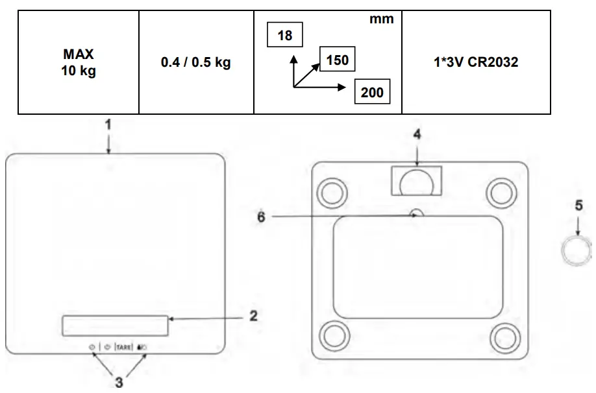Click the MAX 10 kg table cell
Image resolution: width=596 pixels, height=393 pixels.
tap(78, 63)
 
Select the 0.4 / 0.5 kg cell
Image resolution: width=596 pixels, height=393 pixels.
tap(195, 63)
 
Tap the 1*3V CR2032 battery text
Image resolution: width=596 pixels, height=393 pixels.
tap(476, 63)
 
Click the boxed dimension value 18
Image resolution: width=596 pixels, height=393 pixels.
tap(285, 36)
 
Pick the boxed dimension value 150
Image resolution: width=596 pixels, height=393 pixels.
tap(338, 61)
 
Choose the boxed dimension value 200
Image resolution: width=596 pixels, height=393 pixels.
tap(372, 92)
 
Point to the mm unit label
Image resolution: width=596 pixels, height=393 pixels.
tap(381, 19)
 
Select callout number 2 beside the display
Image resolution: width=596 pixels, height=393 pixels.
tap(253, 316)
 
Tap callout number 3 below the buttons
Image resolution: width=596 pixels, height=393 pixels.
tap(119, 382)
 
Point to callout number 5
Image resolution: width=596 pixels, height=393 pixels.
tap(578, 206)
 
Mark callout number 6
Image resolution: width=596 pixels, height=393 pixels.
tap(261, 217)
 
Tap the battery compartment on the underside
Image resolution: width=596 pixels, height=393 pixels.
tap(416, 180)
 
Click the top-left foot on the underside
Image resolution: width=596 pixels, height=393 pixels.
tap(332, 191)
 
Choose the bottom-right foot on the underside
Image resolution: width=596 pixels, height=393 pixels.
tap(504, 336)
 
